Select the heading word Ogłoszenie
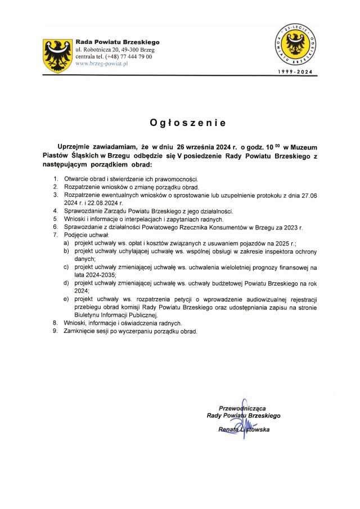click(179, 122)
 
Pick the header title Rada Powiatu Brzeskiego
click(118, 42)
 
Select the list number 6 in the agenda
click(56, 227)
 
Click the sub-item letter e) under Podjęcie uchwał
click(66, 299)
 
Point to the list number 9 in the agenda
click(56, 331)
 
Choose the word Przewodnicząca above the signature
click(242, 408)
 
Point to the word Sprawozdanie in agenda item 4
click(84, 211)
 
